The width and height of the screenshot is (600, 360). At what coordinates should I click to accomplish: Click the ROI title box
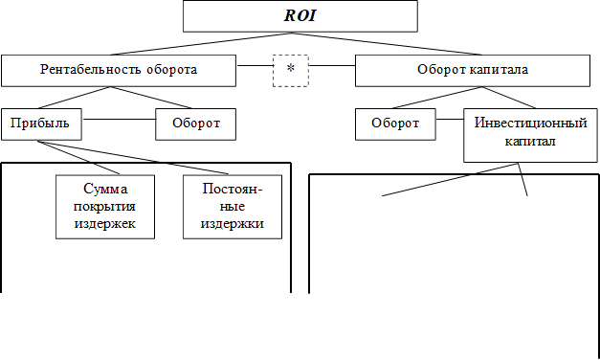click(300, 15)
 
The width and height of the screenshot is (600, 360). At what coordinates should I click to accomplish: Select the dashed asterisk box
click(290, 70)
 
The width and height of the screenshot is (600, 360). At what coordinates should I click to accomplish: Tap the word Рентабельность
click(83, 70)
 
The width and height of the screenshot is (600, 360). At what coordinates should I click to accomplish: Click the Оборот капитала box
click(473, 70)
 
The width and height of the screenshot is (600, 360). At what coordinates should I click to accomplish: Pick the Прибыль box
click(41, 124)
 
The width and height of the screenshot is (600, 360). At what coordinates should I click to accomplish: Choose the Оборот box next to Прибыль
click(195, 124)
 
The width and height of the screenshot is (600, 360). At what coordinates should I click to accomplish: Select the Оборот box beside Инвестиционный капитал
click(395, 124)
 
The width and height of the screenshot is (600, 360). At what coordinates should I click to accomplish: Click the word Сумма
click(104, 190)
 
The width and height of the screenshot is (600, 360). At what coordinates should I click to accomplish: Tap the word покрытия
click(104, 207)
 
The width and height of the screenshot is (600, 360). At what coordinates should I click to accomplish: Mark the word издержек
click(104, 224)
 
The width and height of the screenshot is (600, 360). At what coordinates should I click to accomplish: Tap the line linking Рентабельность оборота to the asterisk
click(254, 66)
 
